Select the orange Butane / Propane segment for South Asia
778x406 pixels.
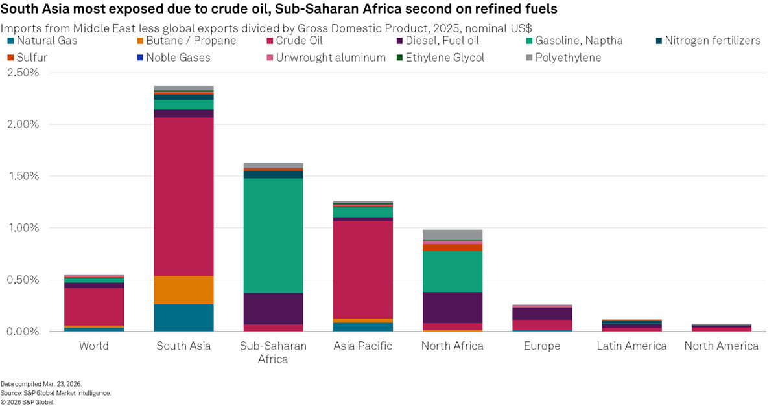coord(183,290)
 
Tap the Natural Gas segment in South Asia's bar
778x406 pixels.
coord(183,317)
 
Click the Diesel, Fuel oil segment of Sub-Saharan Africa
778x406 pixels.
coord(273,308)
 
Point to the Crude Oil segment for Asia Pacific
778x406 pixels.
coord(362,269)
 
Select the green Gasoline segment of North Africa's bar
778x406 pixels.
coord(452,271)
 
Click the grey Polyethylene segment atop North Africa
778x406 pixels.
coord(452,234)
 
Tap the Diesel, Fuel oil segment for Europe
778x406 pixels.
coord(541,313)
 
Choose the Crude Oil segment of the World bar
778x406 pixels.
coord(94,306)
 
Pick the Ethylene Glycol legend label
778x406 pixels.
coord(445,58)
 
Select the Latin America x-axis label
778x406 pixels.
coord(631,346)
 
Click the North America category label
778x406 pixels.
coord(721,346)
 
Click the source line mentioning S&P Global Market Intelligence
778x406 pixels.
coord(56,393)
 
